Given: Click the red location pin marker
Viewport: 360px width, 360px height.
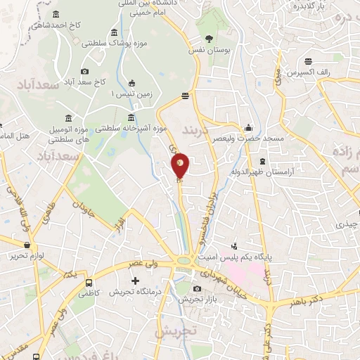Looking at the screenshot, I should tap(181, 167).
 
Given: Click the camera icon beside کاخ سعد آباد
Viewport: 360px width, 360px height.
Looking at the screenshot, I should tap(85, 71).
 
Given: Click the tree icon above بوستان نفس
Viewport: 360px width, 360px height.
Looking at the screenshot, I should tap(207, 39).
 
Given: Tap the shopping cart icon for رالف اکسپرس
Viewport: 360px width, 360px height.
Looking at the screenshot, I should tap(309, 60).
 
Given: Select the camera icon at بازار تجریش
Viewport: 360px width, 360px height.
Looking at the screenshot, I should tap(197, 288).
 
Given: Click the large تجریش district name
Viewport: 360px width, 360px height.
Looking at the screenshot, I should tap(173, 330).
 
